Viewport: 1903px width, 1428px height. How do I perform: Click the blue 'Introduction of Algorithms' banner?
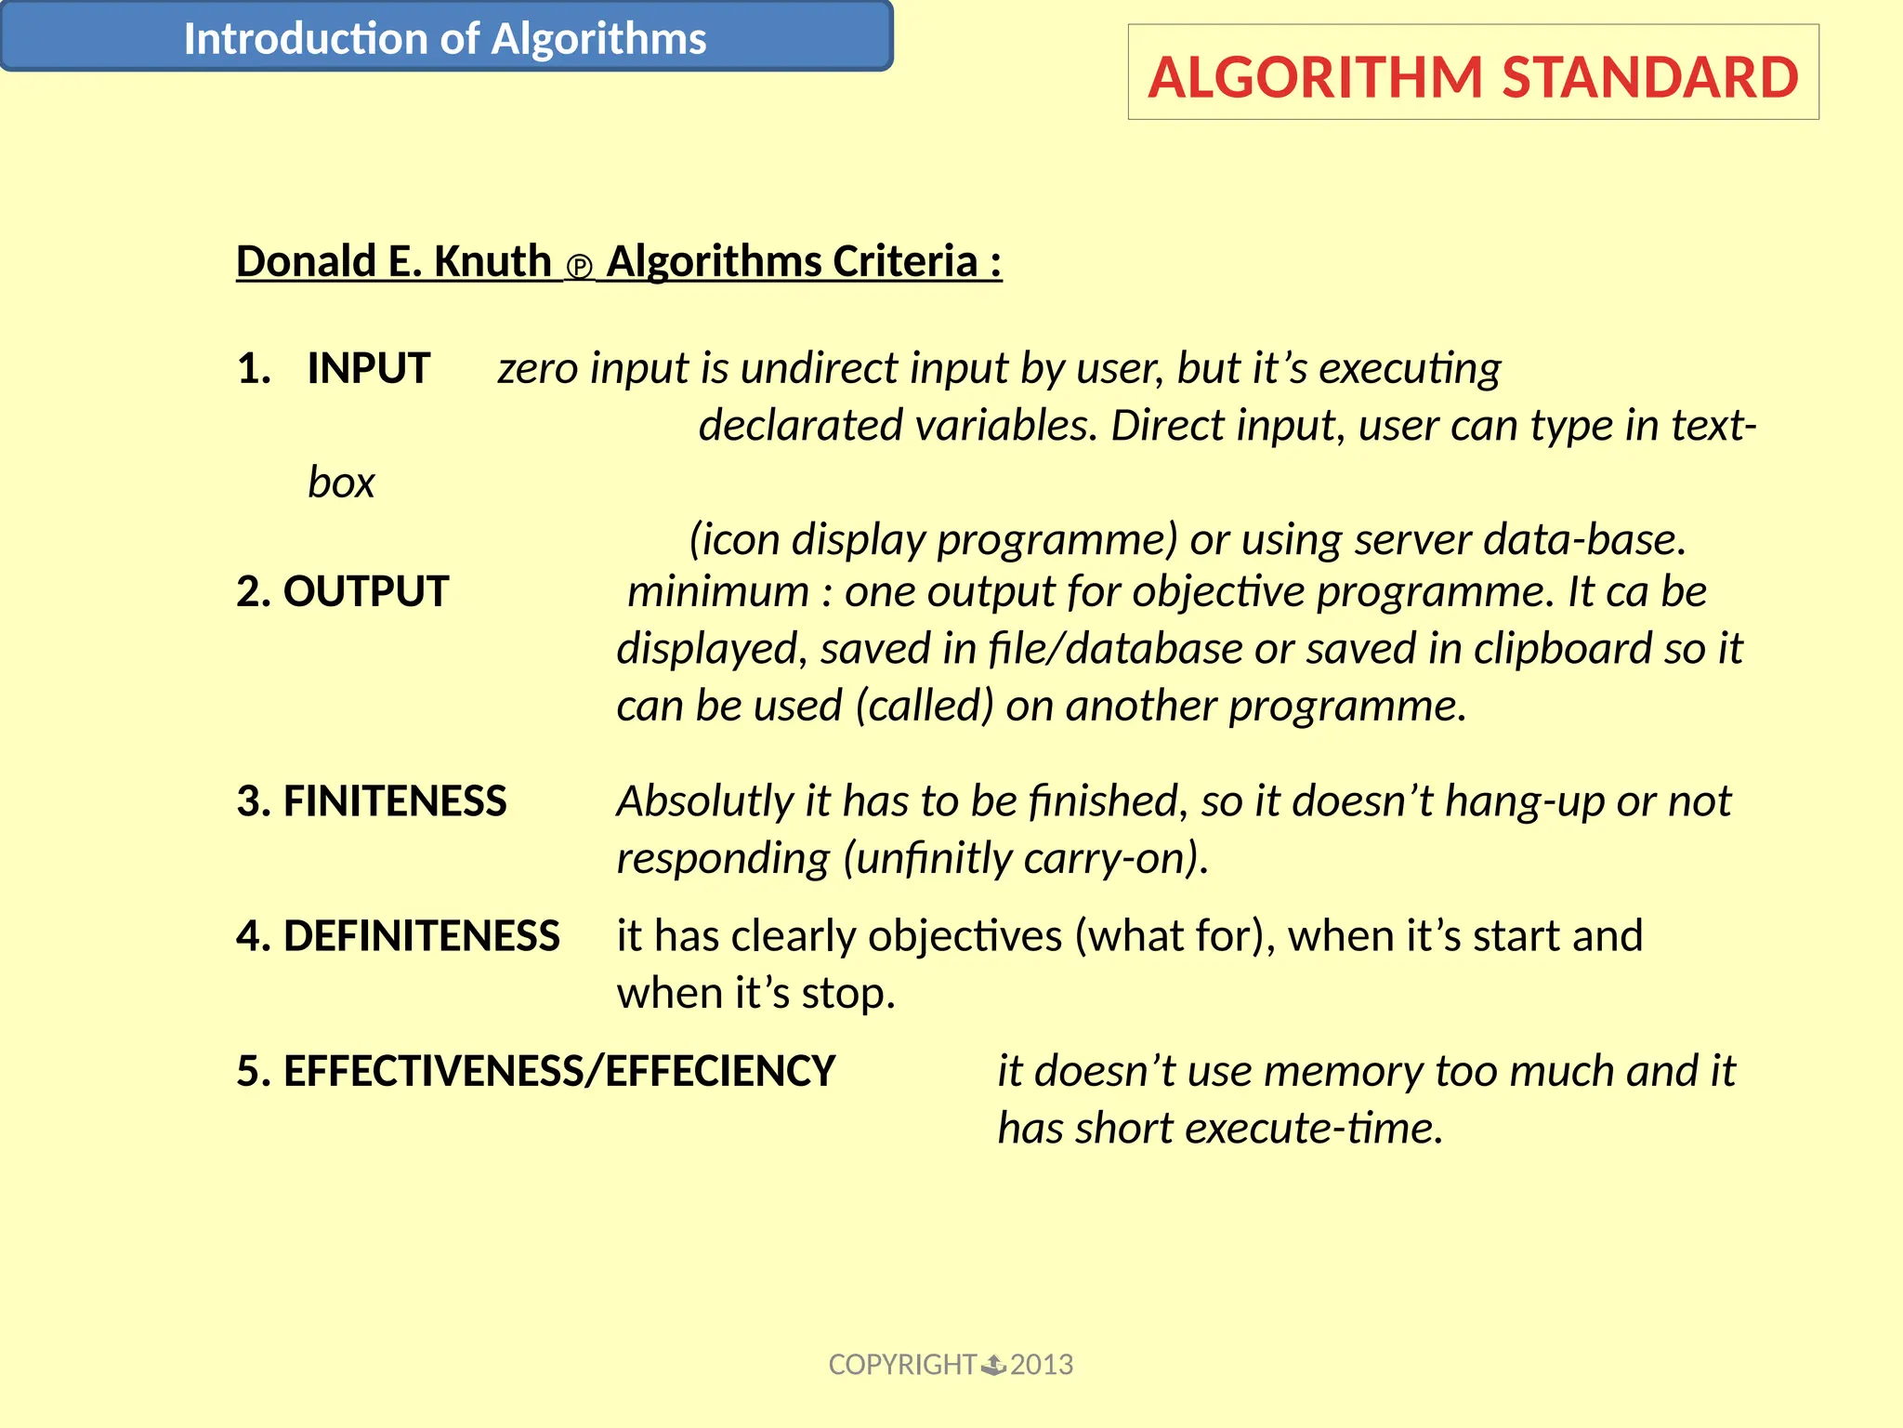(445, 37)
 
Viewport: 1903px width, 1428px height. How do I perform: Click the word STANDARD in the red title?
(1650, 77)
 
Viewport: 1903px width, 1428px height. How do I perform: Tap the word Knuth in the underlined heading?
(492, 261)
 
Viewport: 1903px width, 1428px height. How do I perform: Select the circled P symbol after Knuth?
(579, 268)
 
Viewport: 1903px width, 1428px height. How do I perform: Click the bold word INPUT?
(369, 368)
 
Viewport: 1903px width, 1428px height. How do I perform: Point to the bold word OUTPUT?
(366, 591)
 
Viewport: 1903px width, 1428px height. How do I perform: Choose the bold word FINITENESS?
(395, 801)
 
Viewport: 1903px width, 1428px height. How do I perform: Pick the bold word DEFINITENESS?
(422, 936)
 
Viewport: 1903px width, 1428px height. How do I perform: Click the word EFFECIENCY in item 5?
(721, 1071)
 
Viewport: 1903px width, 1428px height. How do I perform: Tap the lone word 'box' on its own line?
(341, 483)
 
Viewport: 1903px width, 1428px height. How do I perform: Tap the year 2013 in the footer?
(1042, 1365)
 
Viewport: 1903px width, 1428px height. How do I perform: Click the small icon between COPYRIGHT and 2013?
(993, 1365)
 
